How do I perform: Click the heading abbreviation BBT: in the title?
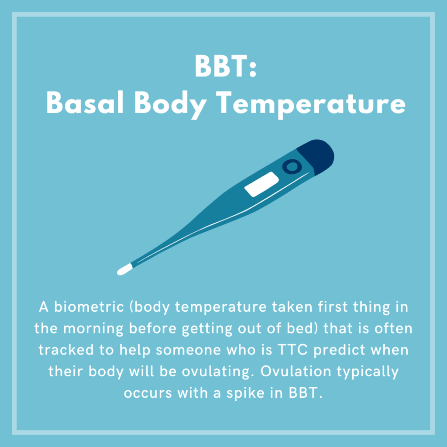click(226, 66)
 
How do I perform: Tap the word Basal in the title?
click(85, 103)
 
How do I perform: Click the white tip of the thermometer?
click(124, 269)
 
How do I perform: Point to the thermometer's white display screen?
click(261, 184)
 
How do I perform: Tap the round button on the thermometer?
click(292, 167)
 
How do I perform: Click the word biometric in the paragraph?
click(89, 307)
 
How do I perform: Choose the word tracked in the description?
click(66, 350)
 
